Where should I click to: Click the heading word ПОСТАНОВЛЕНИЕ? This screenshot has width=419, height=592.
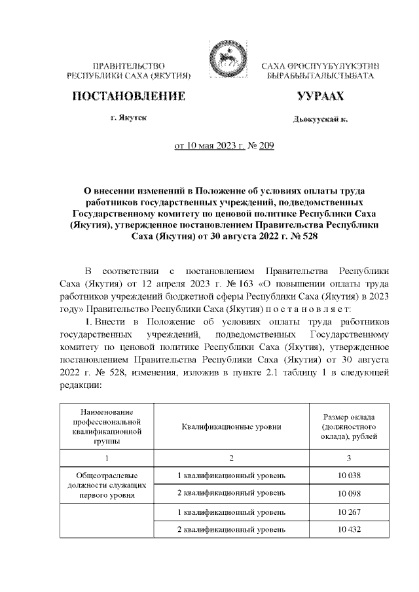[x=128, y=97]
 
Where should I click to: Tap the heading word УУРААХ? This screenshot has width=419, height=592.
[x=319, y=97]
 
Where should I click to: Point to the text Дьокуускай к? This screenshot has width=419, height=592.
[x=320, y=120]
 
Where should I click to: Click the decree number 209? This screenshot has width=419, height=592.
[x=266, y=147]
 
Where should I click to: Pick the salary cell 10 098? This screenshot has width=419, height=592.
[x=350, y=491]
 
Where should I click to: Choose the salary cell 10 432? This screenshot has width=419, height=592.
[x=350, y=528]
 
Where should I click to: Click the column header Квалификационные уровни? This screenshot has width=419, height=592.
[x=232, y=427]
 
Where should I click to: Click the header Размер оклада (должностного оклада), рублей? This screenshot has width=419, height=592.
[x=350, y=427]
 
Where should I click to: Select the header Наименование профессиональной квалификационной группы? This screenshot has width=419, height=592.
[x=105, y=427]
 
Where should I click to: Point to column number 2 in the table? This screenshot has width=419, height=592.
[x=232, y=457]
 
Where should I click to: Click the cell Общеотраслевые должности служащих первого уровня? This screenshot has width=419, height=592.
[x=105, y=485]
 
